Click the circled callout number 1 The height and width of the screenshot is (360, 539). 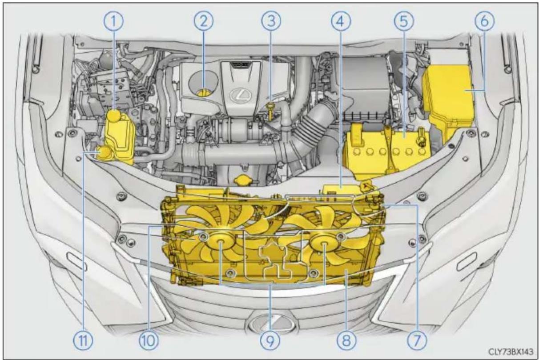tap(113, 21)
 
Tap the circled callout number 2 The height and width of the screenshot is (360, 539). tap(204, 21)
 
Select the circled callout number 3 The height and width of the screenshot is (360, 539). tap(271, 21)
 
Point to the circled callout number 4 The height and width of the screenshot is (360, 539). tap(341, 21)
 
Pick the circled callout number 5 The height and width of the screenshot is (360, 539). tap(404, 21)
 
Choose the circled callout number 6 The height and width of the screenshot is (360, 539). tap(484, 21)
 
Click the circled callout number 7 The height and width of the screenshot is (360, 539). tap(417, 340)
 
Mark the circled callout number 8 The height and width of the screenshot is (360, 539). tap(346, 340)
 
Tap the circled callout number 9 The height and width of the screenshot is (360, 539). tap(270, 340)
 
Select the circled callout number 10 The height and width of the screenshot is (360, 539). tap(149, 340)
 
